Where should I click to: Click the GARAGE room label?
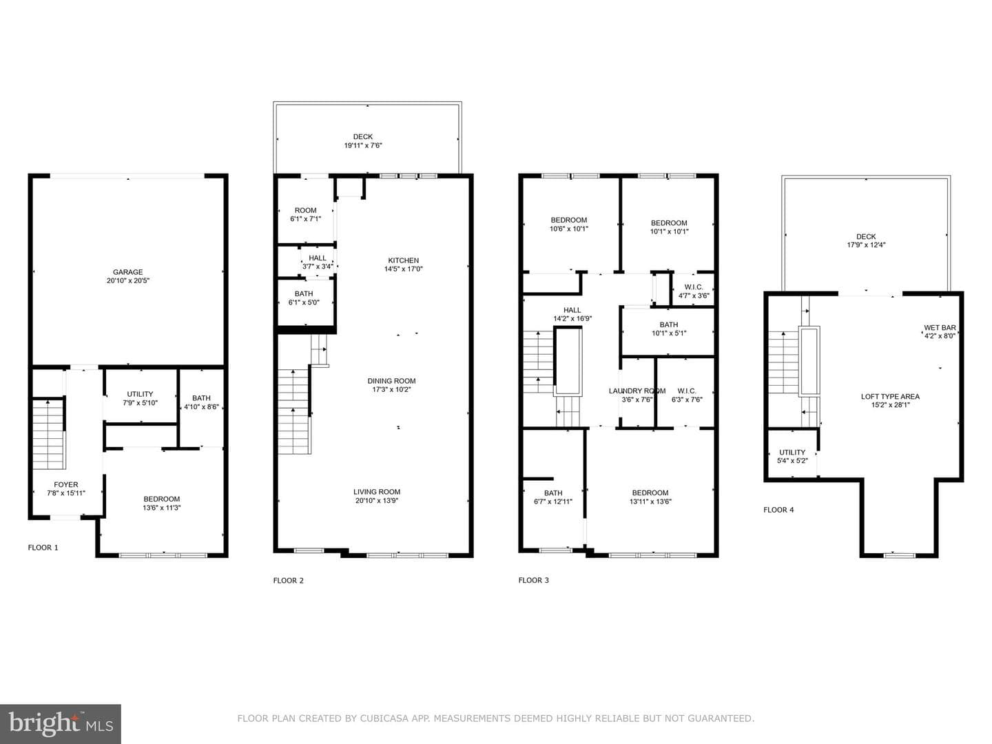(127, 272)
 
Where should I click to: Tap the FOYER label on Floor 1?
(66, 484)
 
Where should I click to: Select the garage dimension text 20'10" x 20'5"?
(128, 280)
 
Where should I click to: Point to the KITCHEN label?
(403, 260)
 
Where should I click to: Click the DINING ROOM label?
(391, 381)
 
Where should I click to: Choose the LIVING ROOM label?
(376, 491)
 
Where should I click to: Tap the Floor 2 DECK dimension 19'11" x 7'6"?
(363, 145)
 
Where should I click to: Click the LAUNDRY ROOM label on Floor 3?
(637, 391)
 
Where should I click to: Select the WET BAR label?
(940, 327)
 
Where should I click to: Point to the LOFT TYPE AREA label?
(890, 396)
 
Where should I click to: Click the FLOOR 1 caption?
(43, 548)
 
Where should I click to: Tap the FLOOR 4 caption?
(778, 510)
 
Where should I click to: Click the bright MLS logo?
(60, 723)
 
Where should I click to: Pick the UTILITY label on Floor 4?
(792, 452)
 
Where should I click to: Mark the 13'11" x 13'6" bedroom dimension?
(650, 502)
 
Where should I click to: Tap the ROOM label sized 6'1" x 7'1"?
(305, 210)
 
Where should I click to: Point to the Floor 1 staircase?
(48, 434)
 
